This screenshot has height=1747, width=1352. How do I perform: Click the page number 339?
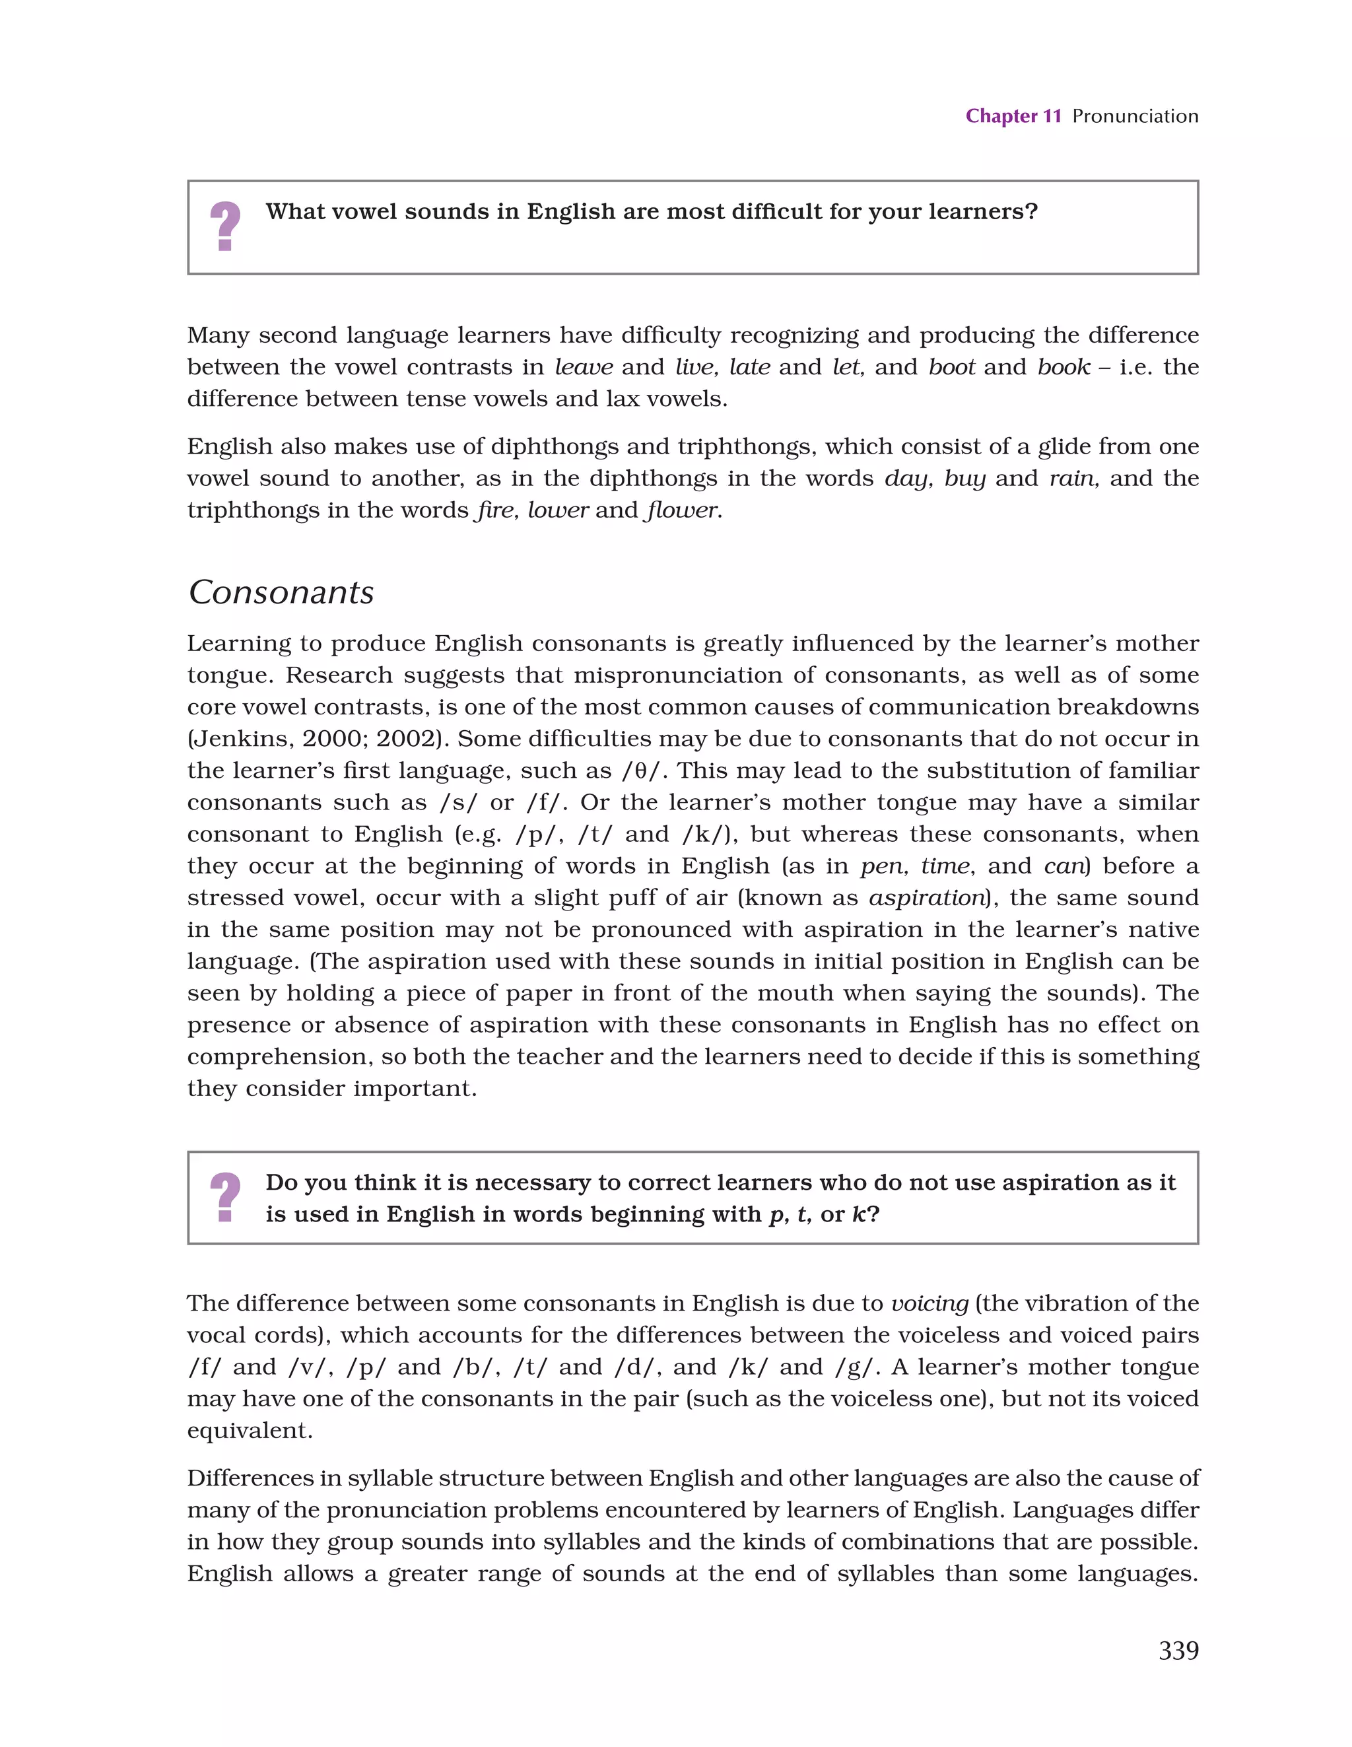click(1178, 1650)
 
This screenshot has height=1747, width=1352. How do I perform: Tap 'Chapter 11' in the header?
click(1013, 116)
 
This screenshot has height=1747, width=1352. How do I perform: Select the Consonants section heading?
click(281, 593)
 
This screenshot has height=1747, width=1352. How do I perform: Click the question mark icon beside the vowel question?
click(225, 226)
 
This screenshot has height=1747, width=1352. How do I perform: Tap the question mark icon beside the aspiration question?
click(225, 1198)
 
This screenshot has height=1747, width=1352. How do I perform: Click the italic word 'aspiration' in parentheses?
click(926, 897)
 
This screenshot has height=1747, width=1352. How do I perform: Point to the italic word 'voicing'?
click(929, 1303)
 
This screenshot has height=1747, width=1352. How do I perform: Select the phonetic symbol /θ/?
click(644, 771)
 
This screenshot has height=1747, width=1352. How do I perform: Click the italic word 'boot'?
click(951, 367)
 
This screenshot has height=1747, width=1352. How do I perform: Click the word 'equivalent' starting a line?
click(250, 1430)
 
